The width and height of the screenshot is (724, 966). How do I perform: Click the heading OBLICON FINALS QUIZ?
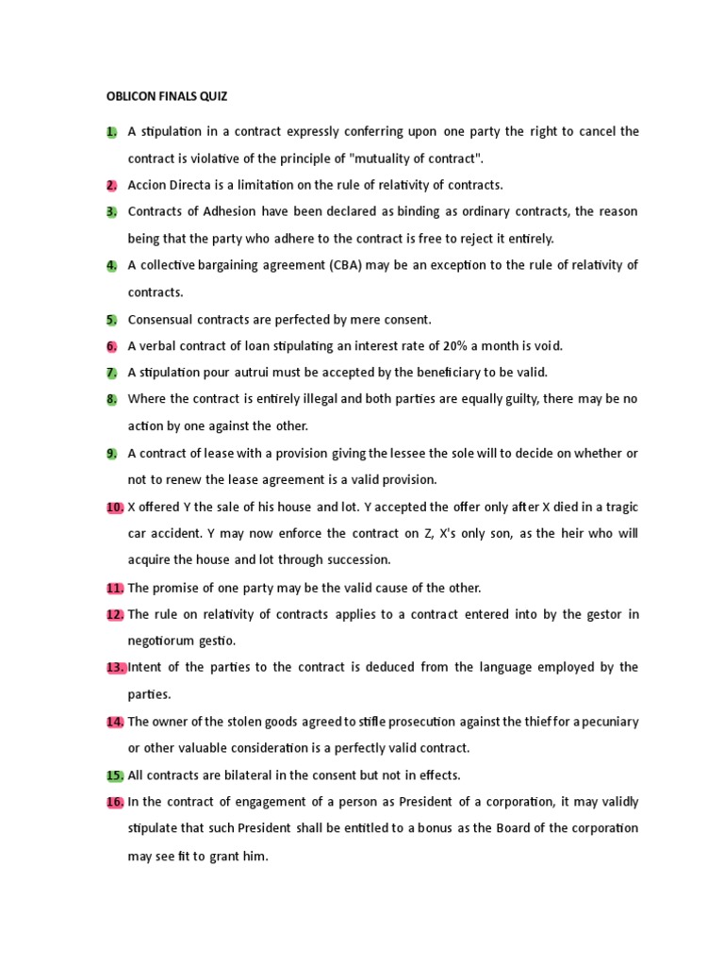[x=166, y=96]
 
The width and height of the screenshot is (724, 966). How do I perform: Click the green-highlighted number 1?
[x=112, y=131]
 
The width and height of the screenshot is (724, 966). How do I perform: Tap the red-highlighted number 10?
[x=115, y=507]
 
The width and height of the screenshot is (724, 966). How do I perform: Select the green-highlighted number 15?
[x=115, y=774]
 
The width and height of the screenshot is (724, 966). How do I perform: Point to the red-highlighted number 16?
[x=115, y=802]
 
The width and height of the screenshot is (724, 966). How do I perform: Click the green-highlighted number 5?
[x=112, y=319]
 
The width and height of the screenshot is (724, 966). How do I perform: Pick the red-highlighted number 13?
[x=115, y=667]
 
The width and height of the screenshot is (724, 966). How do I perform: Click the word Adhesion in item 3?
[x=223, y=211]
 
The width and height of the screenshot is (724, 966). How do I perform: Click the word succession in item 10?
[x=357, y=560]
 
